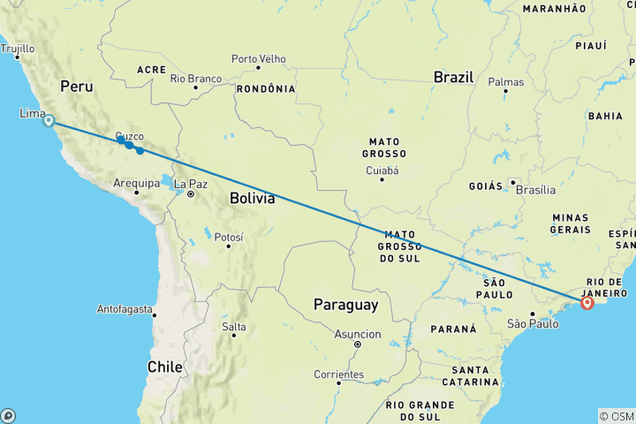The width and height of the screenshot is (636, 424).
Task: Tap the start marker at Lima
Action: [49, 121]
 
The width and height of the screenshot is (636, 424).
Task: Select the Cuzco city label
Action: [129, 137]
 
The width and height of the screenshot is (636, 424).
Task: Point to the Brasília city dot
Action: [512, 183]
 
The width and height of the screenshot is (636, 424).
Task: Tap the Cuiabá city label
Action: [382, 170]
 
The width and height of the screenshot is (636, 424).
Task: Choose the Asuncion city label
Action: [358, 334]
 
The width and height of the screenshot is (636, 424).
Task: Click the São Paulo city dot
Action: [533, 314]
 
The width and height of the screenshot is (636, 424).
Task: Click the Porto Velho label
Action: [258, 59]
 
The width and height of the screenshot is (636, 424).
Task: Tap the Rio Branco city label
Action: [195, 79]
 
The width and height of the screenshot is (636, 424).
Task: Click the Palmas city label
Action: [505, 82]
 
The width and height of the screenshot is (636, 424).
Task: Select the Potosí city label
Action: [228, 237]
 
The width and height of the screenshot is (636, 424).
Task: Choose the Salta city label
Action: [234, 327]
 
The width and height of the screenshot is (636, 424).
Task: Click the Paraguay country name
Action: [345, 305]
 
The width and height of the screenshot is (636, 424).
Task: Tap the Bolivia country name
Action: [252, 199]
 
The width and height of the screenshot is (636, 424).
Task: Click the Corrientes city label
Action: [339, 375]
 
